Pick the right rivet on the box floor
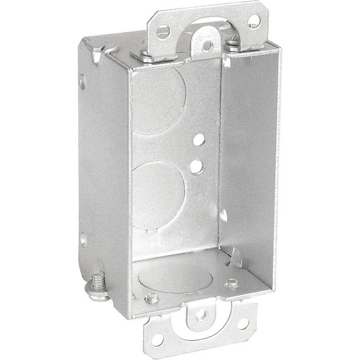pyautogui.click(x=232, y=283)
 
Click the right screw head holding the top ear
pyautogui.click(x=234, y=44)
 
